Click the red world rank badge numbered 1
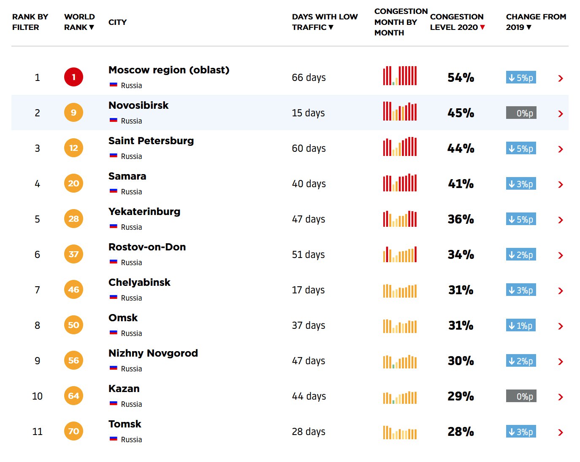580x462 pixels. [x=73, y=77]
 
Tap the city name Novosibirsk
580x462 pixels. [x=138, y=105]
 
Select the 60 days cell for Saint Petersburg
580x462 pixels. [x=309, y=148]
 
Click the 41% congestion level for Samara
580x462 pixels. [x=461, y=184]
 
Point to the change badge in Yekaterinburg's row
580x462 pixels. [x=521, y=219]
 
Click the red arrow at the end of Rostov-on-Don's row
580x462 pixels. [x=561, y=255]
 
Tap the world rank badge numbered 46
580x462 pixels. [x=73, y=290]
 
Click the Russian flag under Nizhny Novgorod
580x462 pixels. [x=113, y=368]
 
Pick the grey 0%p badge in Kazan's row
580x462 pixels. [x=521, y=396]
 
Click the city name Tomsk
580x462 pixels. [x=125, y=424]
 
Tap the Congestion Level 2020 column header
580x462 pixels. [x=457, y=22]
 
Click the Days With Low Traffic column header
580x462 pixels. [x=325, y=22]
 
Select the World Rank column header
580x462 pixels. [x=79, y=22]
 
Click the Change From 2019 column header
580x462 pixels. [x=536, y=22]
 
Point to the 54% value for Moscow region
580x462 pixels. [x=461, y=78]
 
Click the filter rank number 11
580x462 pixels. [x=37, y=432]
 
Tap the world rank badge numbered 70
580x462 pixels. [x=73, y=431]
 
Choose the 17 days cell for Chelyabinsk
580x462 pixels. [x=308, y=290]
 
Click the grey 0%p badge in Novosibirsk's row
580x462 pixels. [x=521, y=113]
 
